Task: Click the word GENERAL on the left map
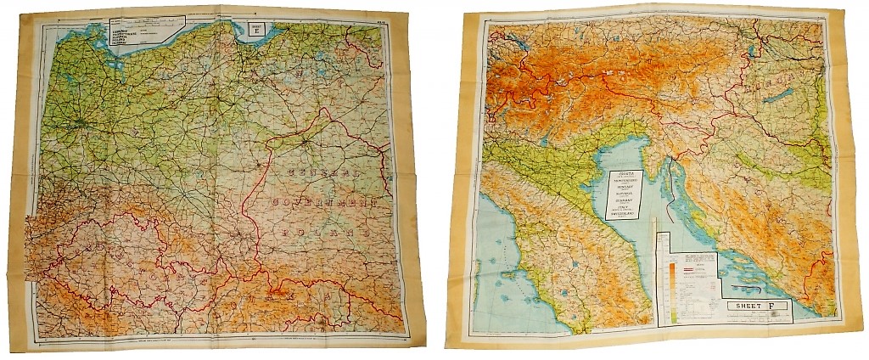322,174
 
